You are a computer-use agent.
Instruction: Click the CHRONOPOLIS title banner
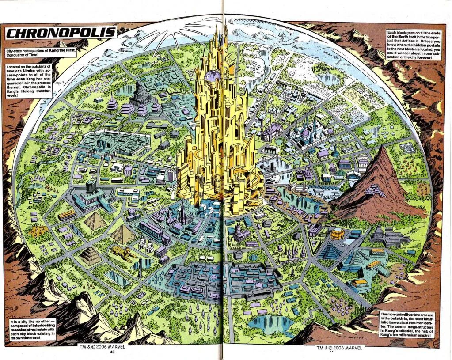[x=61, y=33]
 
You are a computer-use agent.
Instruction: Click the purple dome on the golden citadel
[x=213, y=76]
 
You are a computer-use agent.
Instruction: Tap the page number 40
[x=112, y=352]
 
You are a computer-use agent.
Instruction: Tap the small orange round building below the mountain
[x=338, y=232]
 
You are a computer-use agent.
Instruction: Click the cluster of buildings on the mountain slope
[x=375, y=190]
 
